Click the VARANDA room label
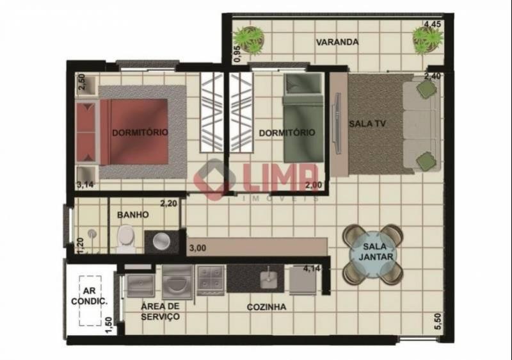coord(337,42)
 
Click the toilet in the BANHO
coord(127,238)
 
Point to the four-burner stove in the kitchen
coord(211,280)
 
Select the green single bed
coord(303,118)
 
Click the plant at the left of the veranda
coord(249,40)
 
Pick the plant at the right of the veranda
coord(428,39)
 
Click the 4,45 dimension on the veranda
coord(433,24)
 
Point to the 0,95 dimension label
coord(237,54)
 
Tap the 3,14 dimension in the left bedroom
coord(85,185)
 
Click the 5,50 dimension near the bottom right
coord(438,322)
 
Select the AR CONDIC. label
coord(90,296)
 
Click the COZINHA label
coord(266,307)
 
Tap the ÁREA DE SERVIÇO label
coord(161,311)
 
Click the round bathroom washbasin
coord(162,241)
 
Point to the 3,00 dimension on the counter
coord(198,248)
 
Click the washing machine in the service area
coord(177,282)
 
